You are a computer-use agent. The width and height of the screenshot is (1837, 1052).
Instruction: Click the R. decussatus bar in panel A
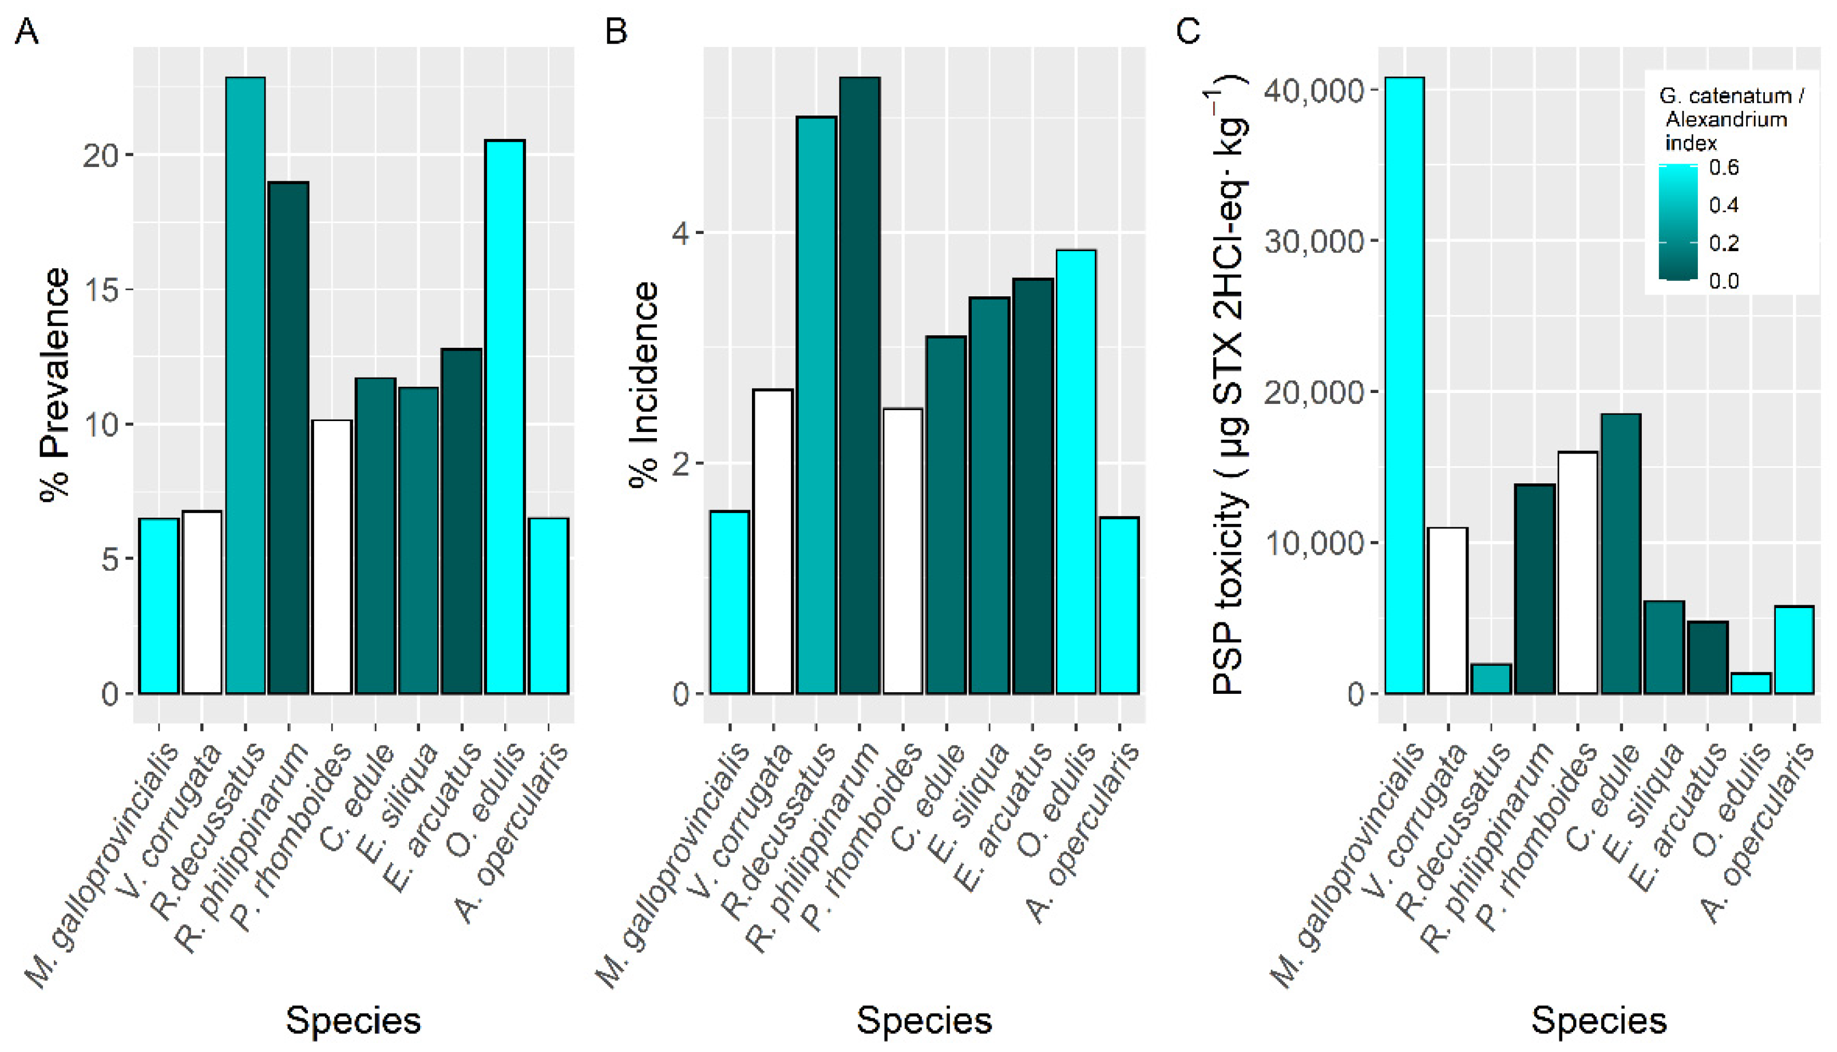(x=245, y=385)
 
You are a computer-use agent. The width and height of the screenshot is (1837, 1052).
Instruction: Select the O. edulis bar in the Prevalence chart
(x=505, y=417)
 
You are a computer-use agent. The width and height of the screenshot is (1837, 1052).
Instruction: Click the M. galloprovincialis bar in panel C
(x=1404, y=385)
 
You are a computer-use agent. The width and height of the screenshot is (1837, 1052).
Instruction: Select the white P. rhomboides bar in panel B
(x=902, y=551)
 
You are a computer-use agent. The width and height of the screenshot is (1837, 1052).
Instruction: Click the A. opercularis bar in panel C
(x=1794, y=649)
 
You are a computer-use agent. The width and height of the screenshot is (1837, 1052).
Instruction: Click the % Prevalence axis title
(x=56, y=384)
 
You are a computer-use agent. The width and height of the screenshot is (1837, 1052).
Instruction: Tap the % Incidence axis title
(x=644, y=384)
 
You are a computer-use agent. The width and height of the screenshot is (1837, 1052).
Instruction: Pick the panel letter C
(x=1188, y=31)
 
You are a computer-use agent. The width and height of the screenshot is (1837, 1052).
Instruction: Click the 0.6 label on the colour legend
(x=1724, y=168)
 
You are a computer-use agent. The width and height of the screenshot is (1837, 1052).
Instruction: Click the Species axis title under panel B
(x=924, y=1021)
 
